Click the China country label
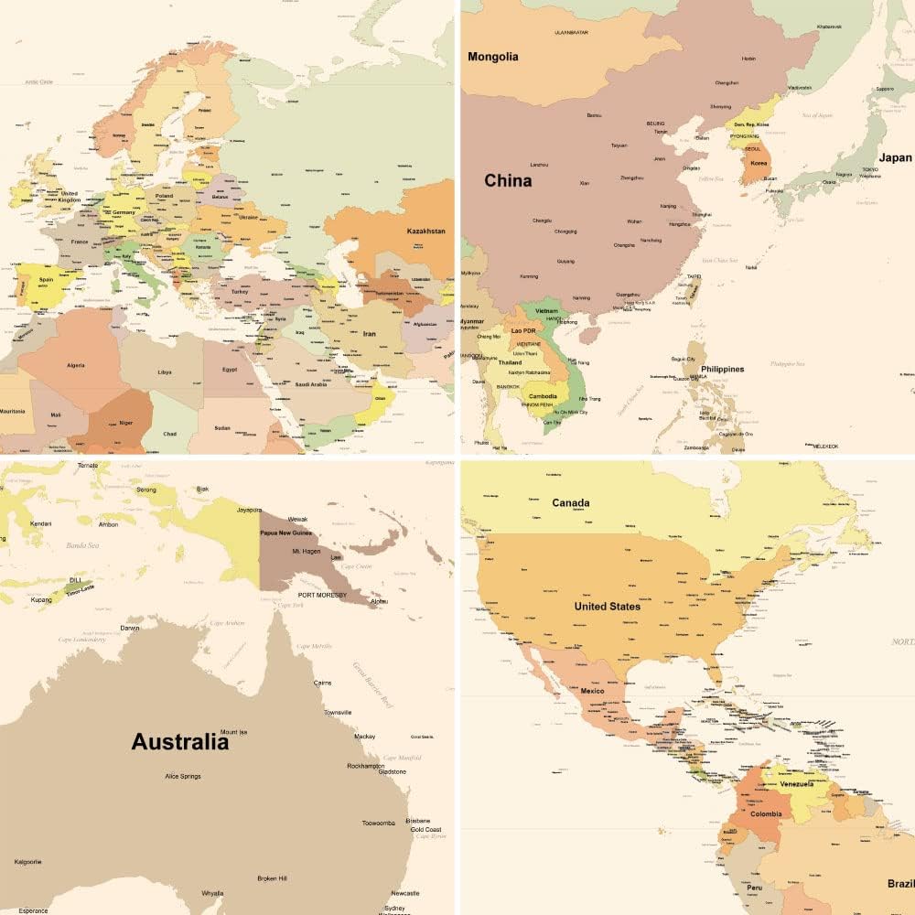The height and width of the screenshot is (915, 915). pos(508,180)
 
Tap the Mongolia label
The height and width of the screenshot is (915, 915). pos(493,57)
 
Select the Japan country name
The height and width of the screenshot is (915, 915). pos(895,157)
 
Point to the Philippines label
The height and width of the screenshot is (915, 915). pos(723,370)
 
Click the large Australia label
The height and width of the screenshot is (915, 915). pos(179,741)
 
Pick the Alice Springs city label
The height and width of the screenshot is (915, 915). pos(182,776)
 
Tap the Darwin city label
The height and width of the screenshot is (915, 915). pos(131,629)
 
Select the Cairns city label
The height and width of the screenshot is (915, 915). pos(322,683)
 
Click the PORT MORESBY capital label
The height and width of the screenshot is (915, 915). pos(322,595)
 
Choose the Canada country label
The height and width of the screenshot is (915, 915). pos(571,502)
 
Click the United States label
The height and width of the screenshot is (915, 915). pos(608,606)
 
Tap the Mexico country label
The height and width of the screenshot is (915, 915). pos(592,691)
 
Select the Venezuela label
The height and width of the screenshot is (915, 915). pos(796,784)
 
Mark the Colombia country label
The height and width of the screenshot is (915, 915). pos(766,813)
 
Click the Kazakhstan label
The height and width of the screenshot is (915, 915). pos(426,231)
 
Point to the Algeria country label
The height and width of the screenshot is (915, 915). pos(75,365)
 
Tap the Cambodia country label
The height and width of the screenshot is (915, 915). pos(543,396)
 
